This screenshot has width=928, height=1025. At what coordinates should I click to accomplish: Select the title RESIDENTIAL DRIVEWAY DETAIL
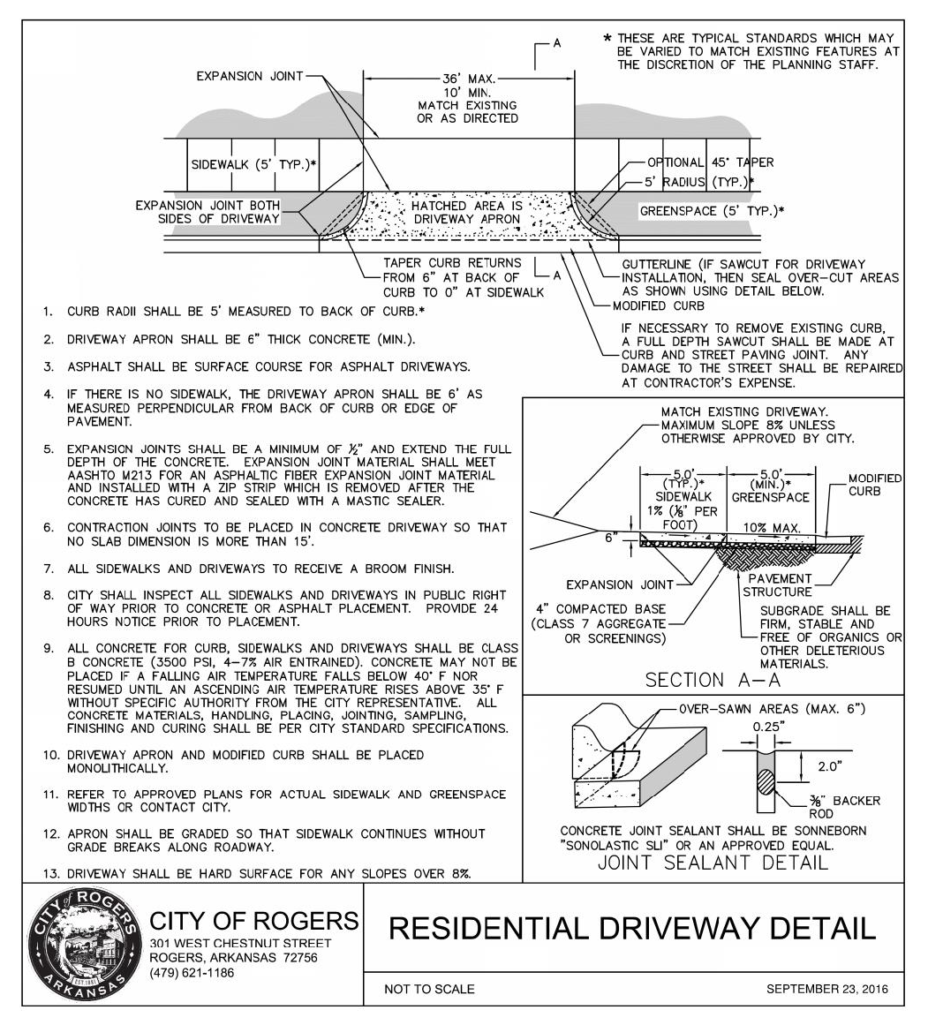[632, 928]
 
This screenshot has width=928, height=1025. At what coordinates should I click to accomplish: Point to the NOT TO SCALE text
[429, 990]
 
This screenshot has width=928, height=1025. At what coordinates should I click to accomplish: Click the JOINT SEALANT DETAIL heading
[713, 862]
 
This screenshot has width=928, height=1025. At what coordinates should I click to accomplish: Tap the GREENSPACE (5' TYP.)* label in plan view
[712, 212]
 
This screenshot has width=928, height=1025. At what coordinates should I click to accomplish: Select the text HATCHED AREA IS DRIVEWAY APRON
[468, 212]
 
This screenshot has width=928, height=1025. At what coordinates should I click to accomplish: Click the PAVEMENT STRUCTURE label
[777, 584]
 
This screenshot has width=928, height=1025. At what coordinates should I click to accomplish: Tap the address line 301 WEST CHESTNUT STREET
[241, 944]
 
